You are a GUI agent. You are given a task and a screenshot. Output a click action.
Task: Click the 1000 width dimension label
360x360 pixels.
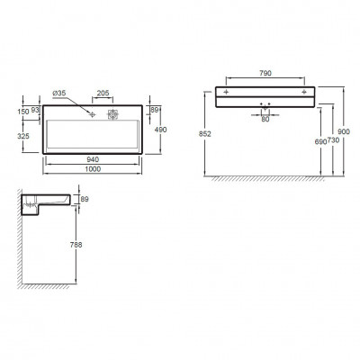[x=93, y=169]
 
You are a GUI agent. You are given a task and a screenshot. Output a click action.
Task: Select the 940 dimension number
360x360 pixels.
[x=93, y=159]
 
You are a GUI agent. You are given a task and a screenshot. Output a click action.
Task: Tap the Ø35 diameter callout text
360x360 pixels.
[x=59, y=94]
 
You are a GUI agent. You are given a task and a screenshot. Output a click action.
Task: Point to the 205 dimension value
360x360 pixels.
[x=103, y=94]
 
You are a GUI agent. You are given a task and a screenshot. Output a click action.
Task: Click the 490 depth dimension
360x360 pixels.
[x=160, y=130]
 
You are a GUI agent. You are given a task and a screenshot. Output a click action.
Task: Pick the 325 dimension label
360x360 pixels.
[x=23, y=136]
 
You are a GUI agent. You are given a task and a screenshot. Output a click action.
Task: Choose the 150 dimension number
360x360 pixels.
[x=23, y=112]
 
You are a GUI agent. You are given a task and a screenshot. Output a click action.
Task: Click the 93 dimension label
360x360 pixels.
[x=35, y=110]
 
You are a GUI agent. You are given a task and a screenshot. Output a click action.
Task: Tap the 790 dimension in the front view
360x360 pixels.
[x=265, y=73]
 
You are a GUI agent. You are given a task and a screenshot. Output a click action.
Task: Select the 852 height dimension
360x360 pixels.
[x=205, y=134]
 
